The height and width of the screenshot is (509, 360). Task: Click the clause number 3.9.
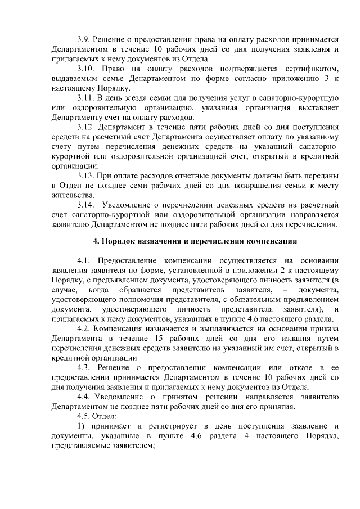[x=84, y=39]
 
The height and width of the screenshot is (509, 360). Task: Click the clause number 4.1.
[x=84, y=260]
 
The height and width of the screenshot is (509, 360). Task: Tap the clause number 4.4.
[x=84, y=397]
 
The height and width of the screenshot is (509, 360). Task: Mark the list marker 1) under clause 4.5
[x=82, y=426]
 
